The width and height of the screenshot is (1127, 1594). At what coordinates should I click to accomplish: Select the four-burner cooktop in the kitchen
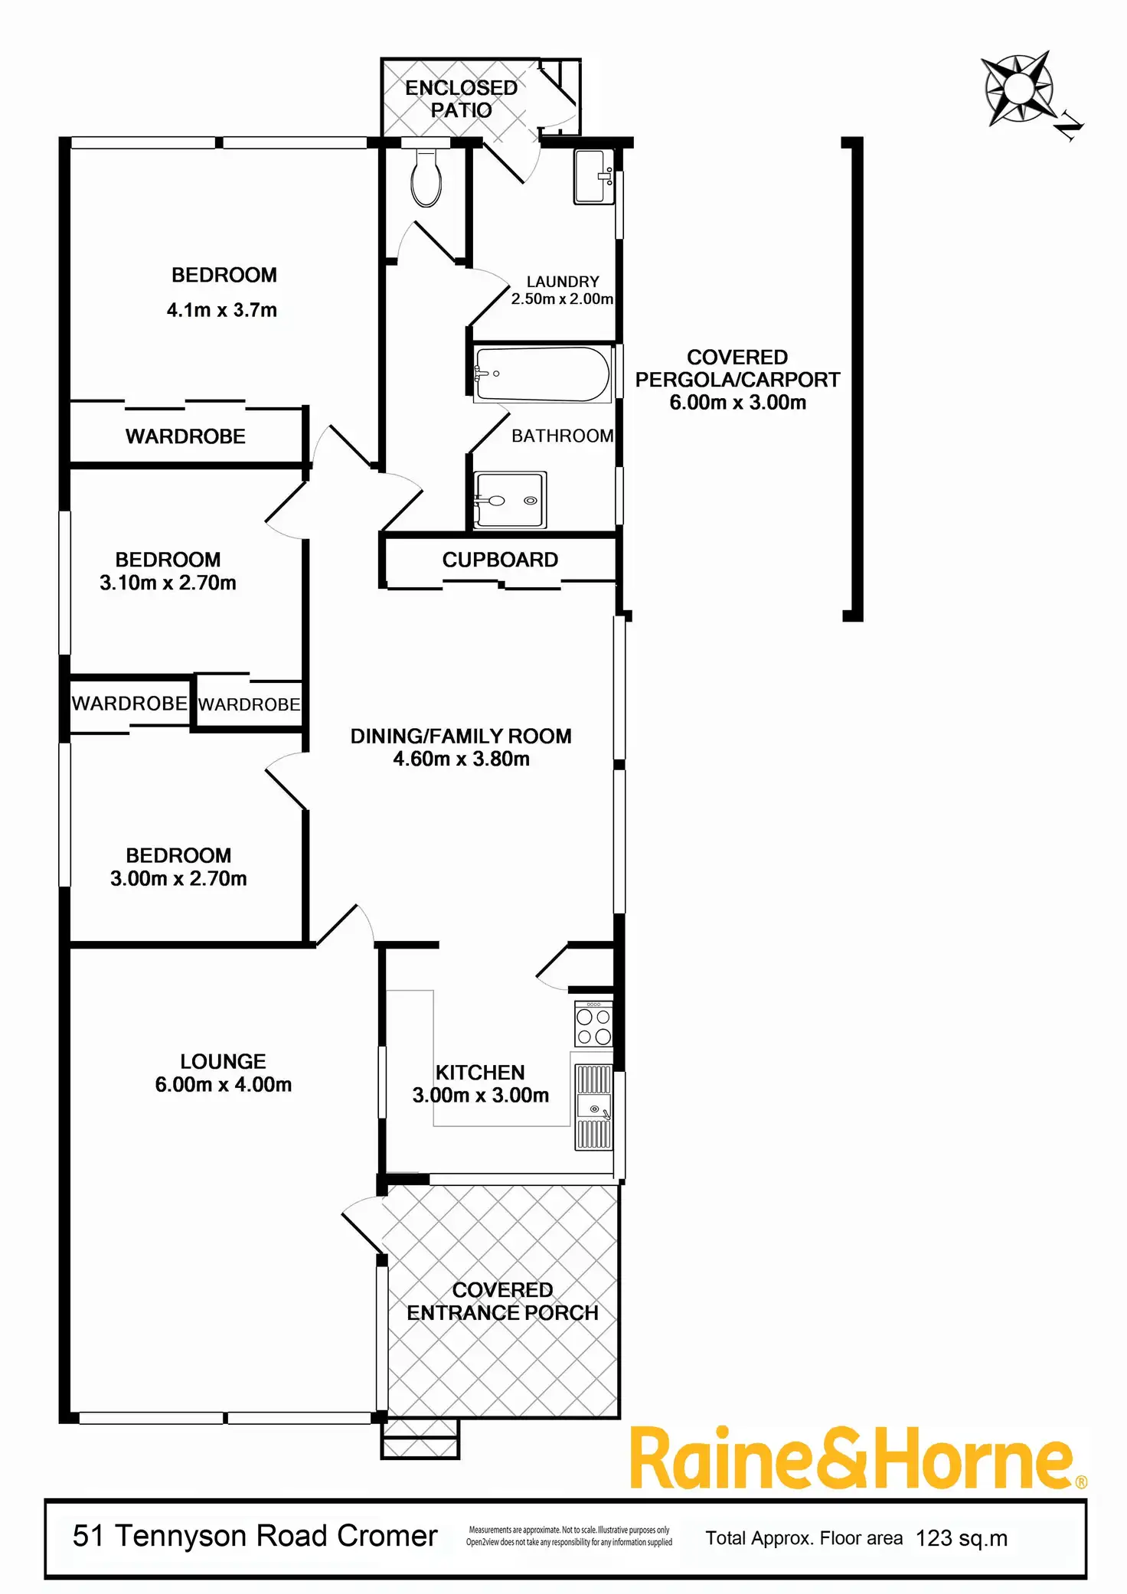pyautogui.click(x=593, y=1025)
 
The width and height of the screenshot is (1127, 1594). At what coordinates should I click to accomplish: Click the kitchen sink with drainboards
pyautogui.click(x=593, y=1107)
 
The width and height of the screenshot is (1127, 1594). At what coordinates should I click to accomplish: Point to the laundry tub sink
pyautogui.click(x=593, y=176)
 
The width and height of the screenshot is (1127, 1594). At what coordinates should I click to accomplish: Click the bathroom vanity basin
pyautogui.click(x=509, y=500)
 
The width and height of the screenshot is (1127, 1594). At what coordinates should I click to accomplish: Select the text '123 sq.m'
pyautogui.click(x=962, y=1538)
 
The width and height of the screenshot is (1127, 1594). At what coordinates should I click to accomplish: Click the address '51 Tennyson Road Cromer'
pyautogui.click(x=255, y=1536)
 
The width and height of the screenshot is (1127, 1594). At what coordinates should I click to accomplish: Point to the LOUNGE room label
pyautogui.click(x=223, y=1061)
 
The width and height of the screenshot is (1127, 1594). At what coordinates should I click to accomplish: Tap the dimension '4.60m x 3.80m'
pyautogui.click(x=461, y=759)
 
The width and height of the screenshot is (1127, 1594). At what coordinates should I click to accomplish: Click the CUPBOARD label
pyautogui.click(x=500, y=560)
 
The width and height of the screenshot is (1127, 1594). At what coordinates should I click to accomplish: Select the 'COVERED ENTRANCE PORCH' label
pyautogui.click(x=502, y=1302)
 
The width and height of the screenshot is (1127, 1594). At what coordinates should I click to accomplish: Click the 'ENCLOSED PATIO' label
pyautogui.click(x=461, y=99)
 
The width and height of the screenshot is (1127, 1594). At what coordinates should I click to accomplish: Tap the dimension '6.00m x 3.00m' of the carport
pyautogui.click(x=737, y=403)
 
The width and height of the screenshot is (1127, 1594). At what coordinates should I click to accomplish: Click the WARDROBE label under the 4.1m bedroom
pyautogui.click(x=185, y=436)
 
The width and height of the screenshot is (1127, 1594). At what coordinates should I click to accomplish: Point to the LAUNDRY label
pyautogui.click(x=563, y=282)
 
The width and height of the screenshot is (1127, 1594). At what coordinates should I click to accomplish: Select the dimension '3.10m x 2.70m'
pyautogui.click(x=168, y=583)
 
